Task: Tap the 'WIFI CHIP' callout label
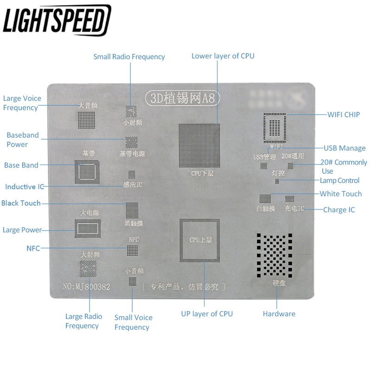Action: [344, 115]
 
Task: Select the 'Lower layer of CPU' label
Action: [223, 56]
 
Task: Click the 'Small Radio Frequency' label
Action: [129, 57]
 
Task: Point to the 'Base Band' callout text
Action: [21, 165]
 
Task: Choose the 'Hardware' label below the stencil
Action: [279, 314]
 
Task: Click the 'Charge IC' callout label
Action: [339, 210]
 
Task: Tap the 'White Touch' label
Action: [340, 194]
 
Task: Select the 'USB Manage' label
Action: [345, 148]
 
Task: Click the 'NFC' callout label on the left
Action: [33, 249]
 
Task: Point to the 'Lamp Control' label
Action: [339, 180]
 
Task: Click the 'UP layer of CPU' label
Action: [207, 314]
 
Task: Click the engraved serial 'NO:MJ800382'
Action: [86, 287]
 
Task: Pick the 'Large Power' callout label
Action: [22, 230]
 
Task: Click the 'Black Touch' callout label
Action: [21, 203]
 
